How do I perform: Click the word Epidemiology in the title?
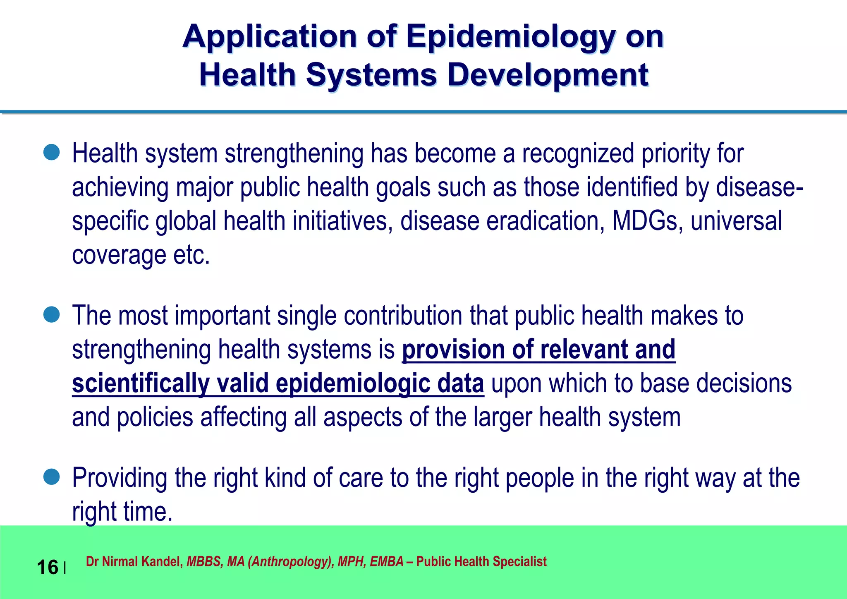point(511,37)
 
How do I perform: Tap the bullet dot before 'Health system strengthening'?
point(52,153)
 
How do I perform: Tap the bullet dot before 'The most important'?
point(52,315)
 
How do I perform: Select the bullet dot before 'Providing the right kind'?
point(52,477)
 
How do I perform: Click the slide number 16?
point(48,567)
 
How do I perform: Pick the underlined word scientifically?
point(141,384)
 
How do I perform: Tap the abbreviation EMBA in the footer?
point(386,562)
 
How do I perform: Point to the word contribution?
point(403,316)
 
